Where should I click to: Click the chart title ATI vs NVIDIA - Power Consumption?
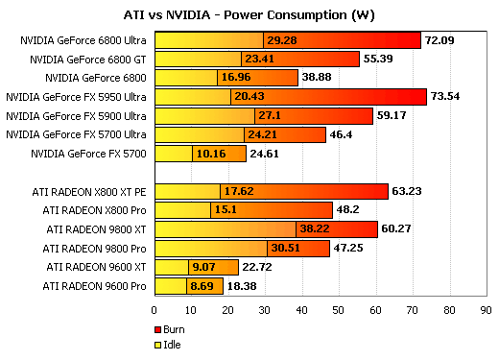coord(249,15)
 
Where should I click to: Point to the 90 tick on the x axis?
coord(486,310)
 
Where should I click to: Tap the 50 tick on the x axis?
coord(339,310)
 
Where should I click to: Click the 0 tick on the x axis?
coord(154,310)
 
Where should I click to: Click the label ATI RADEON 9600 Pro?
coord(95,286)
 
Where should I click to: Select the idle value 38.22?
coord(316,228)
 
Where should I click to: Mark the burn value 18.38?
coord(242,286)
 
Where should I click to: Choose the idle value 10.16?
coord(211,153)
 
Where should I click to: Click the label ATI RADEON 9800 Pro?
coord(95,248)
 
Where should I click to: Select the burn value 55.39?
coord(380,59)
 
